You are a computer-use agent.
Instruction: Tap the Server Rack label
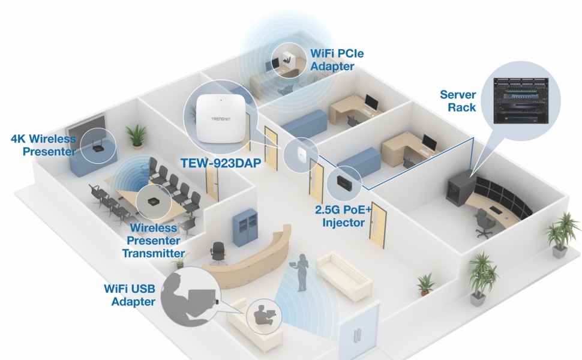pos(458,101)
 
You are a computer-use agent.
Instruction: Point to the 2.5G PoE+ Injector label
pos(340,217)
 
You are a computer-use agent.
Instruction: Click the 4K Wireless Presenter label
pos(43,145)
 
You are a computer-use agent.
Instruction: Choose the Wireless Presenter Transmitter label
pos(153,241)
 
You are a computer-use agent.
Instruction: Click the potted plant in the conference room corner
pos(137,136)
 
